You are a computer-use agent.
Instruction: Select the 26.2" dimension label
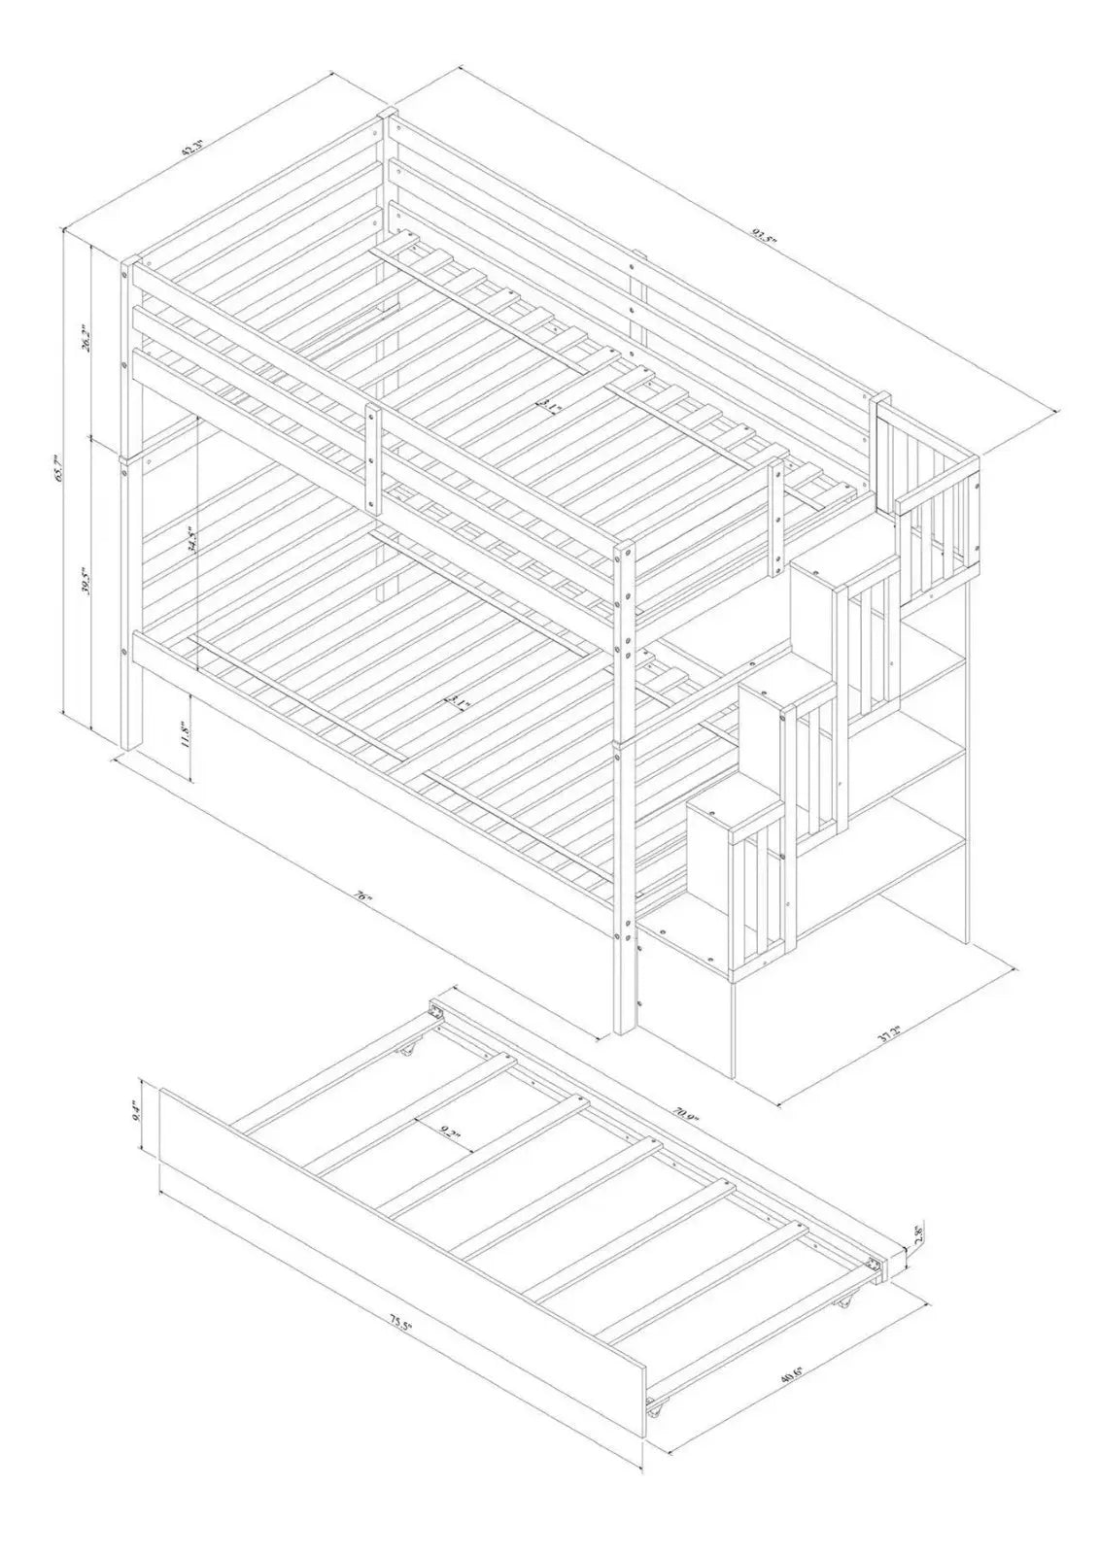88,339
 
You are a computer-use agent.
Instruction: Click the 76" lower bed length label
363,898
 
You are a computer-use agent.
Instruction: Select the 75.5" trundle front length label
395,1327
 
